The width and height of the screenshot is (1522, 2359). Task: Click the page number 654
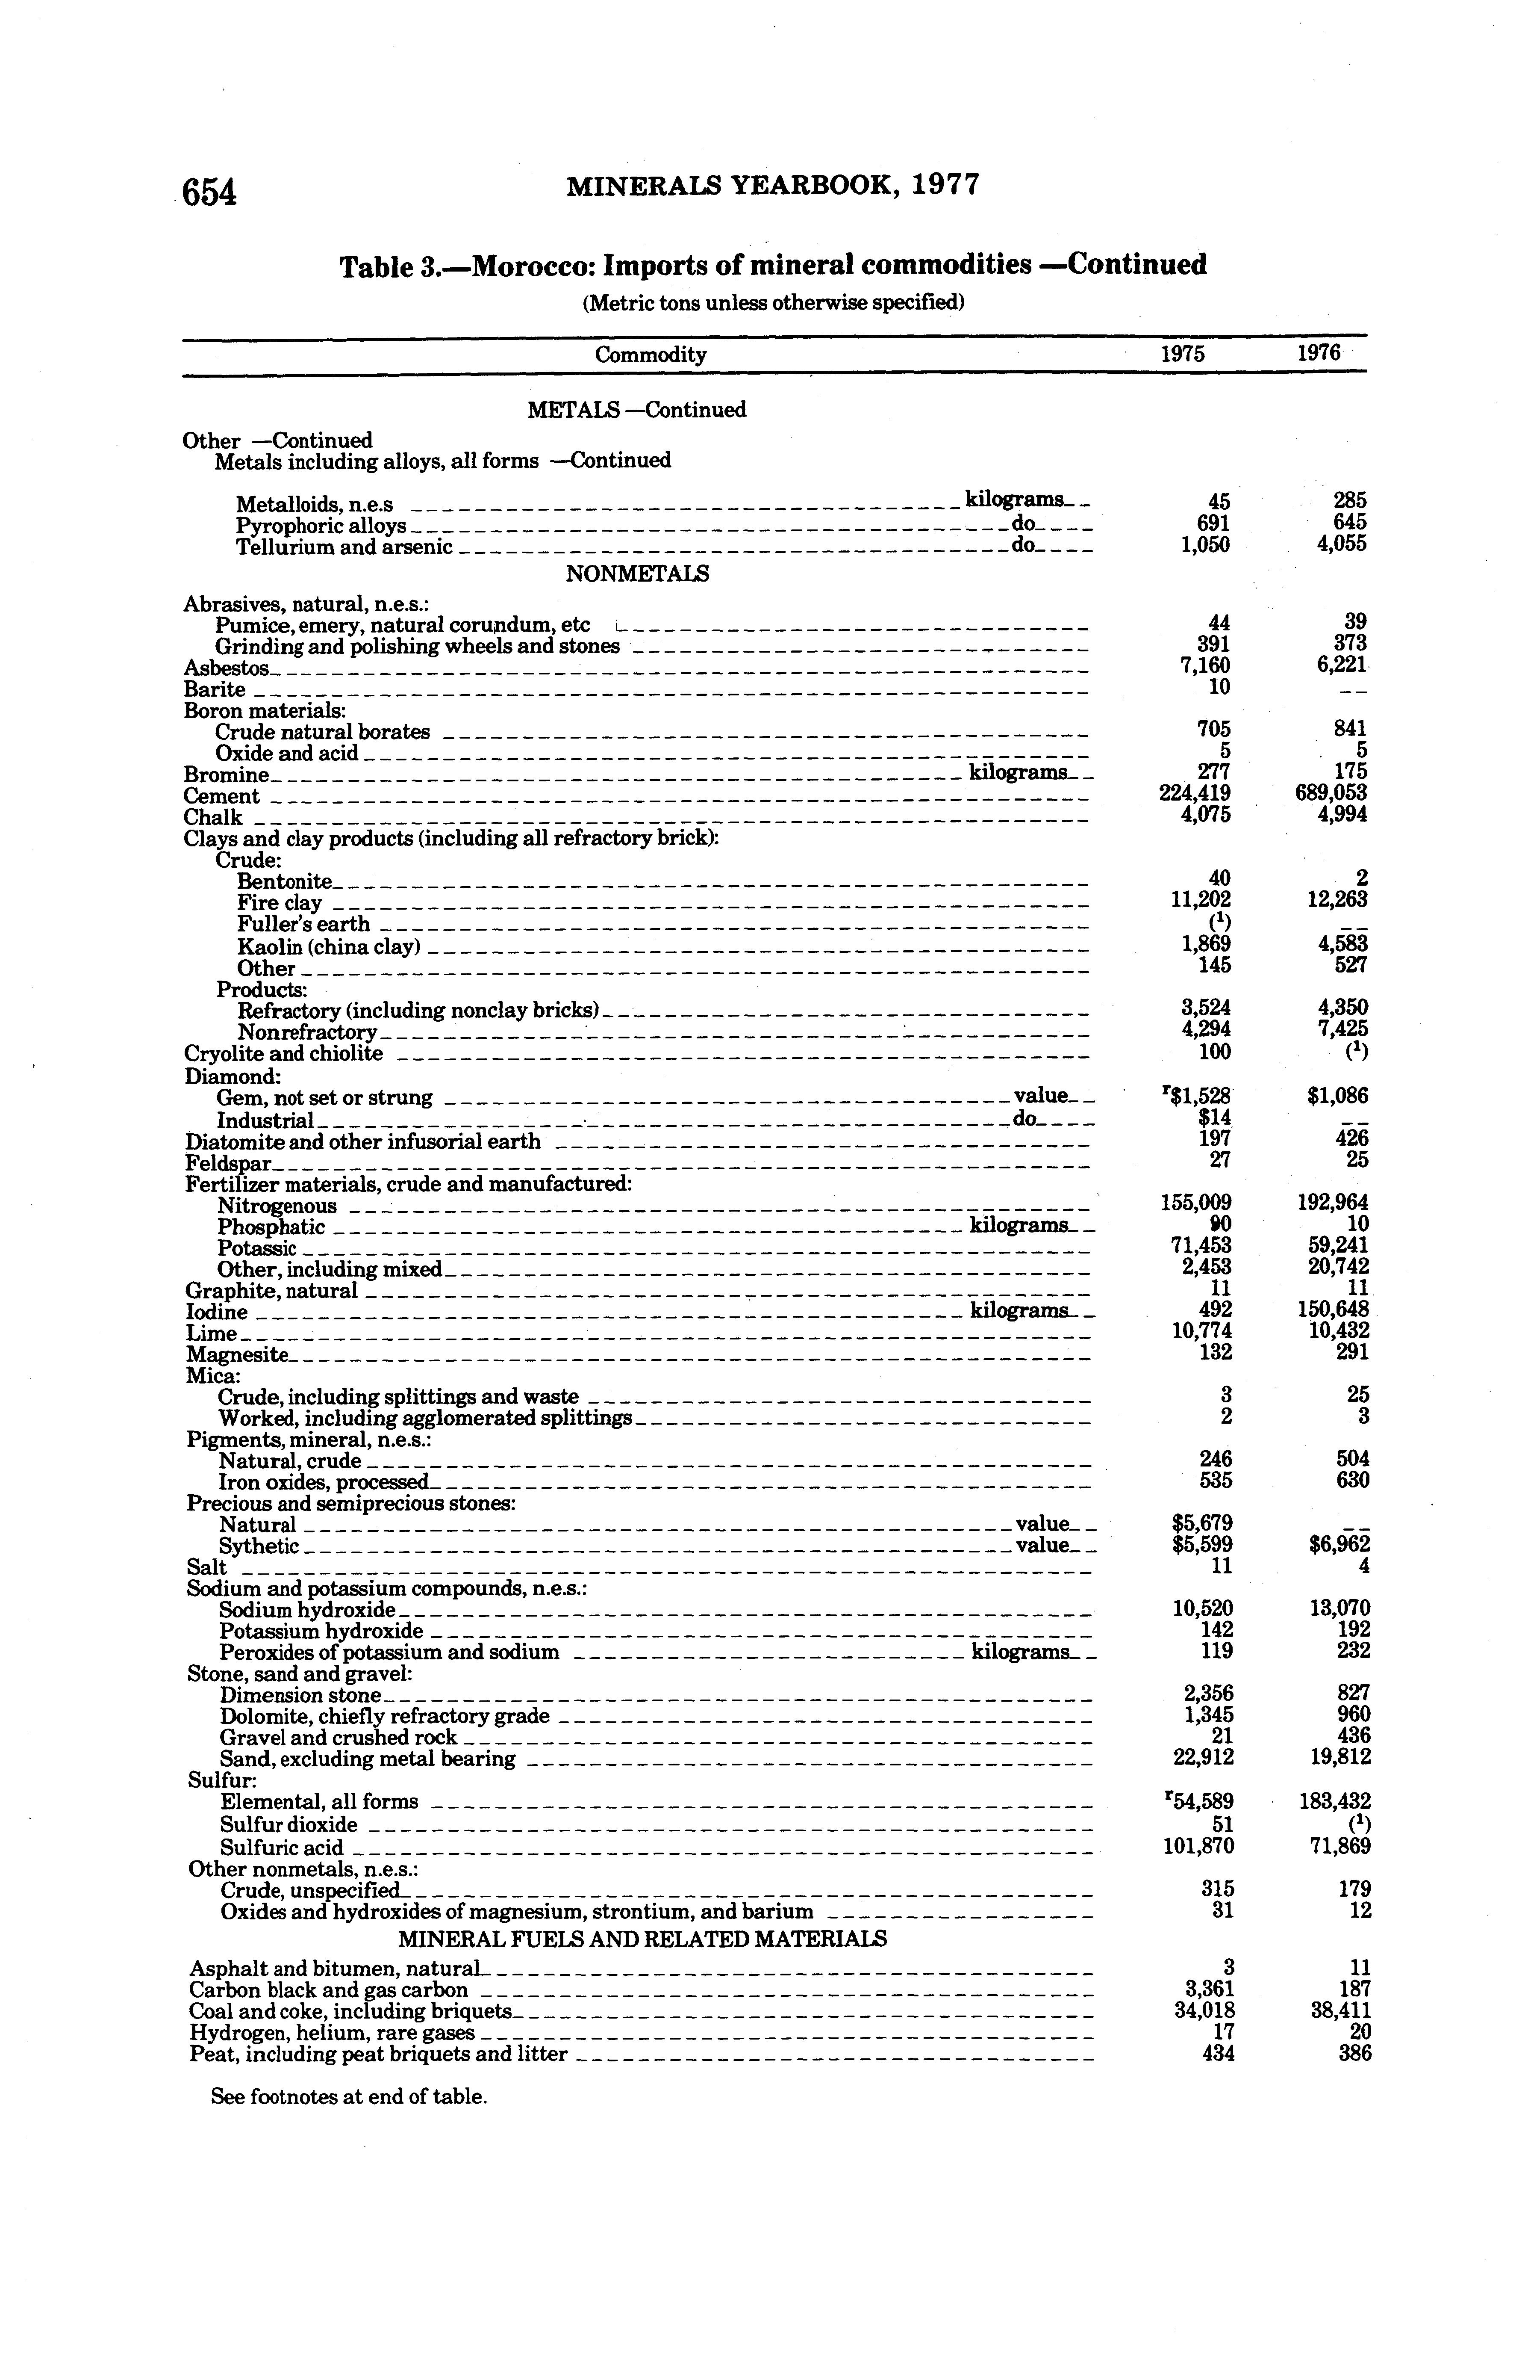pos(209,192)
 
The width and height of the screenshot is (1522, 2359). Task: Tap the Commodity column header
pos(651,355)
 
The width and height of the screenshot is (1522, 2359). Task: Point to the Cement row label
pos(221,796)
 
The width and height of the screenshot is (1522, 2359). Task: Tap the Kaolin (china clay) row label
pos(329,946)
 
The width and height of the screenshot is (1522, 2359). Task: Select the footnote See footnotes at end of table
pos(349,2096)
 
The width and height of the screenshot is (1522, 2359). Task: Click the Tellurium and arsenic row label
pos(344,547)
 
